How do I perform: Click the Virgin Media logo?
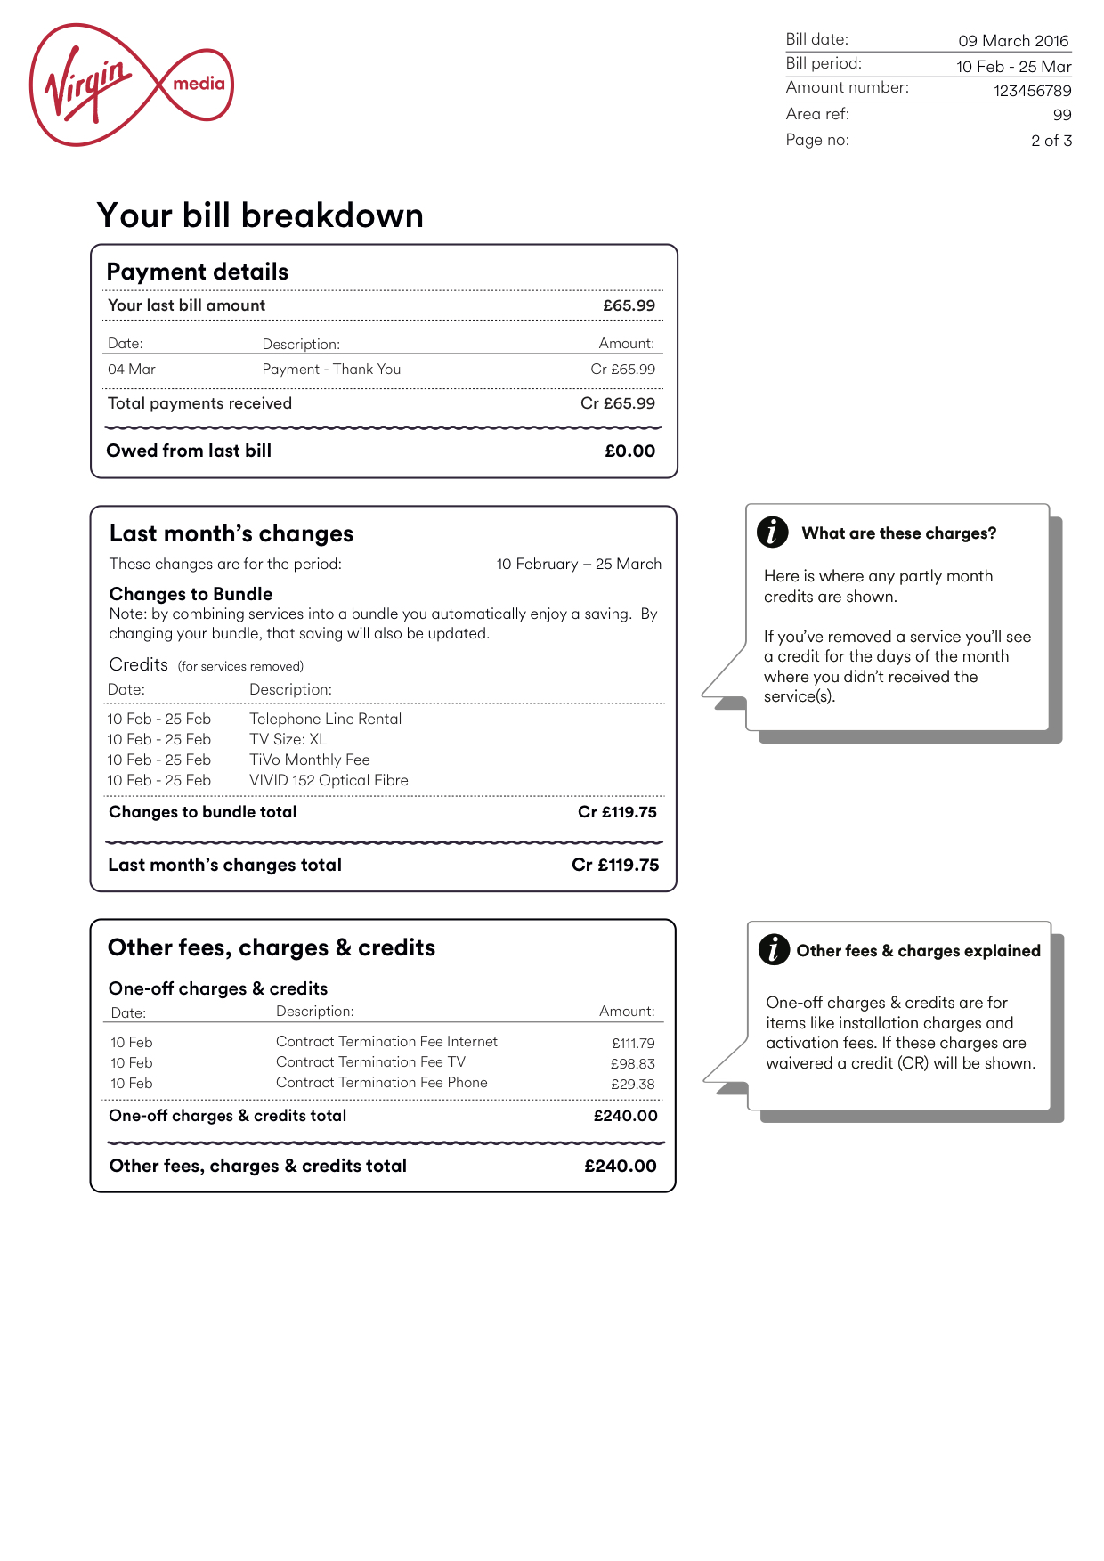(131, 85)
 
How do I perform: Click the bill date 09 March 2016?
(1013, 41)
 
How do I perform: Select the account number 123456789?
(1032, 91)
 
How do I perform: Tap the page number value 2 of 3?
(1051, 141)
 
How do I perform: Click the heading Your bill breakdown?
(260, 215)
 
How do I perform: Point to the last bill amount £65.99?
(629, 305)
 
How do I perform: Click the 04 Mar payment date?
(132, 370)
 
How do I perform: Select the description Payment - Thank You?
(331, 370)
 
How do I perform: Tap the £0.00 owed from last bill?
(629, 451)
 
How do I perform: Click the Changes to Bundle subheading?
(191, 594)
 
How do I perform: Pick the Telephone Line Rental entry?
(325, 719)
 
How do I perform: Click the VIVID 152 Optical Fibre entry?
(329, 780)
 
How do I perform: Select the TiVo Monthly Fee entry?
(309, 760)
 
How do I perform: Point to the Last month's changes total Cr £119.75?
(615, 865)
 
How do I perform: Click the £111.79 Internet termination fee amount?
(633, 1043)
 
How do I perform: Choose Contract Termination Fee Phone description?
(381, 1083)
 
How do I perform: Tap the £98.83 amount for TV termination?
(632, 1063)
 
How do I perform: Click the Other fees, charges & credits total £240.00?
(620, 1166)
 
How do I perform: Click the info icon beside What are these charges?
(772, 532)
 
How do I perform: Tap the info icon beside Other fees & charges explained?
(774, 949)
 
